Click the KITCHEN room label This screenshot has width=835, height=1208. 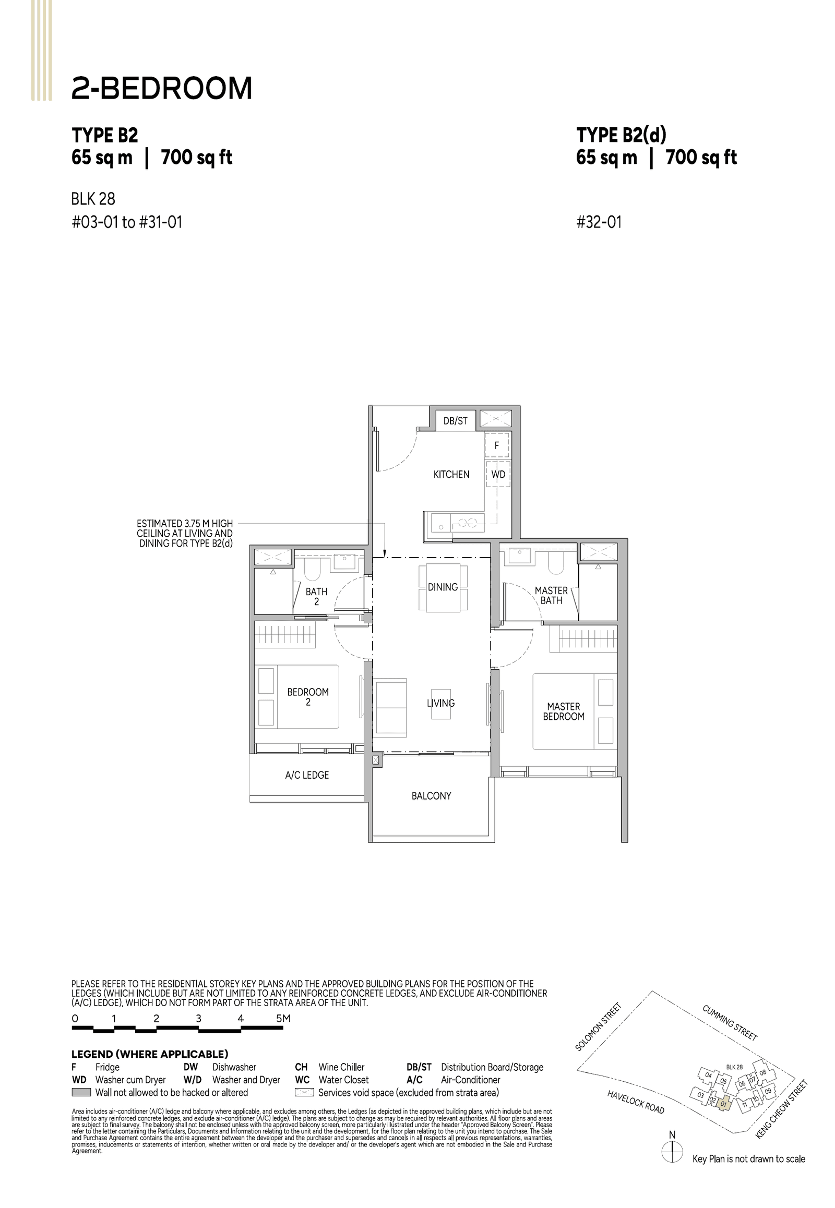click(451, 474)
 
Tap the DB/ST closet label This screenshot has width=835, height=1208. click(455, 420)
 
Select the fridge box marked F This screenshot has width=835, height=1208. click(496, 445)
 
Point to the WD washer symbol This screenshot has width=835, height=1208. click(498, 474)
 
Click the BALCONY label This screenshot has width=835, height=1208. click(431, 795)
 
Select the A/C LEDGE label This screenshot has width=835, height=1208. click(306, 775)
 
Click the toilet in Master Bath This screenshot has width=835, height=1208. click(555, 564)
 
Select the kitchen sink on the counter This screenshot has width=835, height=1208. click(441, 523)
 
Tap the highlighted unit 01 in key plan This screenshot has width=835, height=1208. click(723, 1104)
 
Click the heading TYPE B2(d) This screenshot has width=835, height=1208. click(621, 135)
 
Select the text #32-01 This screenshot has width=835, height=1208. click(599, 222)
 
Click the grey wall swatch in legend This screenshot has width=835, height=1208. click(81, 1092)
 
